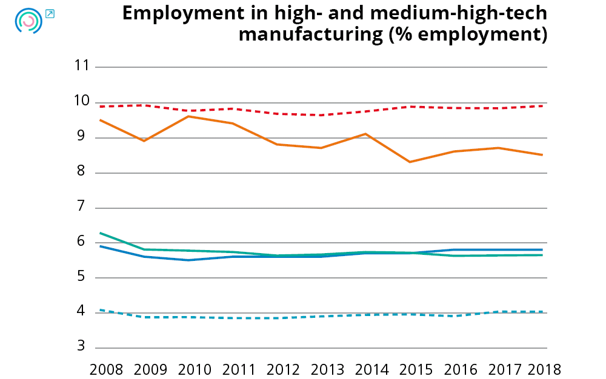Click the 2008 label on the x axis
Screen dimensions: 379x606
tap(106, 369)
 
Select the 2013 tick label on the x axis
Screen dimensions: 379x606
tap(328, 369)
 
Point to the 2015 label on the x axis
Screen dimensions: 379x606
tap(417, 369)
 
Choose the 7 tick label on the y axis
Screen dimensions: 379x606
tap(85, 208)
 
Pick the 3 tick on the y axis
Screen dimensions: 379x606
tap(85, 348)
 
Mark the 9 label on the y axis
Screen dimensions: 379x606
tap(85, 137)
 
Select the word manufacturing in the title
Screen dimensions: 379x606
tap(310, 35)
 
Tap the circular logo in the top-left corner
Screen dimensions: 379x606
tap(28, 21)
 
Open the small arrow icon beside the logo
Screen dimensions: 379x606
tap(50, 13)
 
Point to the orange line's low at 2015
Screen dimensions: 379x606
tap(410, 162)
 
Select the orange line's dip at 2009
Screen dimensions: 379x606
tap(144, 140)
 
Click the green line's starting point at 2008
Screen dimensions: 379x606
tap(100, 233)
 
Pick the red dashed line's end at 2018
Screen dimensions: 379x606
tap(542, 106)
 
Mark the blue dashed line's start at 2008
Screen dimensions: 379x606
tap(100, 310)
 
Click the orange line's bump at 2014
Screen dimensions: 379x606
tap(365, 134)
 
